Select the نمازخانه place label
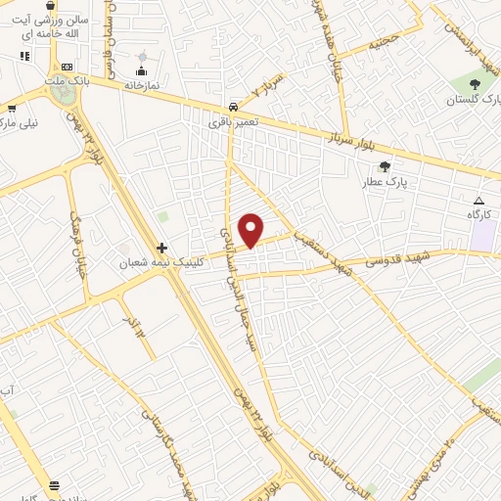[142, 85]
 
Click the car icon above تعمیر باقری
[233, 107]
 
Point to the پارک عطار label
[385, 182]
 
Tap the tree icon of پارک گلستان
[475, 85]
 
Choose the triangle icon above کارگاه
[478, 200]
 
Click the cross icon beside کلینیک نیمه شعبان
[161, 248]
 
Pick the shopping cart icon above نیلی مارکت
[11, 109]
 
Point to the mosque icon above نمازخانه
[142, 70]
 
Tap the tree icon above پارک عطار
[385, 167]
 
